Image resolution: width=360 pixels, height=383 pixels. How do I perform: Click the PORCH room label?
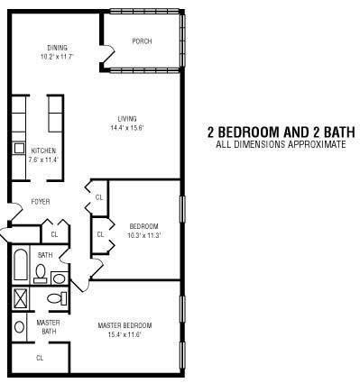tap(142, 41)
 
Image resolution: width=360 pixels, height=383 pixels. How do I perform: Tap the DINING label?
tap(57, 48)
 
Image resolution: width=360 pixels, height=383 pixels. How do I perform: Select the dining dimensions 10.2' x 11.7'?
tap(57, 56)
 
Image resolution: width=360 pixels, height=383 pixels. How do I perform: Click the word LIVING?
tap(127, 119)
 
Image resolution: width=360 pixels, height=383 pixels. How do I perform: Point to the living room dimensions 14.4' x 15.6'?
tap(127, 128)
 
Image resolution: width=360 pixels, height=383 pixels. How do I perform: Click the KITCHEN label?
tap(43, 150)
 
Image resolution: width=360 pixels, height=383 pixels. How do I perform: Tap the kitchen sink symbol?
tap(20, 148)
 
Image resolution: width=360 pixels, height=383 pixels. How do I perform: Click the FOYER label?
tap(41, 202)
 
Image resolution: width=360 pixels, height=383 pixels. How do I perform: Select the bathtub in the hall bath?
tap(21, 265)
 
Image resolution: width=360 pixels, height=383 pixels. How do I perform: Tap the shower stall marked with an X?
tap(21, 297)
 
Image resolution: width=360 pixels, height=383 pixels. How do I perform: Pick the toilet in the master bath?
tap(57, 298)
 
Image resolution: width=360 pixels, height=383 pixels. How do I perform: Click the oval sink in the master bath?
tap(19, 327)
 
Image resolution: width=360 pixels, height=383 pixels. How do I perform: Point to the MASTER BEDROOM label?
tap(125, 325)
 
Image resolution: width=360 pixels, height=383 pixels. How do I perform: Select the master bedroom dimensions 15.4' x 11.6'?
tap(125, 334)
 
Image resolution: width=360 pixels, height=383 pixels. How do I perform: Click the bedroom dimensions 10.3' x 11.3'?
tap(144, 235)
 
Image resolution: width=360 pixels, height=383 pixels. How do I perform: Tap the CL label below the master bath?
tap(40, 358)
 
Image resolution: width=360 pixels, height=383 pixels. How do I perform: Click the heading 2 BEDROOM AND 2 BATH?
tap(281, 132)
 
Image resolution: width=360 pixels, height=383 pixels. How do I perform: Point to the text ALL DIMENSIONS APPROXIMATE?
tap(281, 144)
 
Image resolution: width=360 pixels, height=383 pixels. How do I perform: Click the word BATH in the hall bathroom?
tap(45, 255)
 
